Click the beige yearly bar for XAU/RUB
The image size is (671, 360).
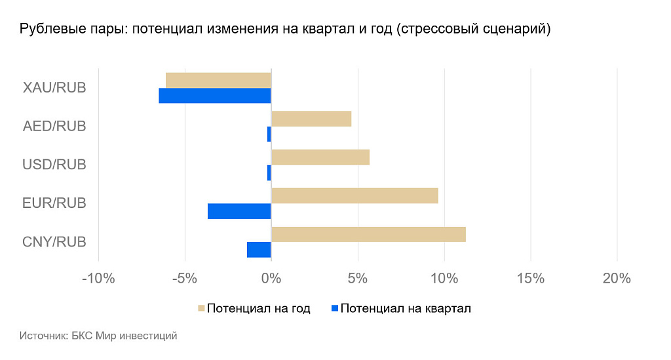(218, 80)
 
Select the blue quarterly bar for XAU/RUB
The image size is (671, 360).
(215, 96)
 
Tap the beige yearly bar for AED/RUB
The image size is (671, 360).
(311, 119)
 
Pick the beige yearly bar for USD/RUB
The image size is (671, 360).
(320, 157)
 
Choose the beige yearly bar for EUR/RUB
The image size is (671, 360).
(355, 195)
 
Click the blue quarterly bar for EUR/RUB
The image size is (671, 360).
(239, 211)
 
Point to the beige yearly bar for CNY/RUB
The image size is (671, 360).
(368, 234)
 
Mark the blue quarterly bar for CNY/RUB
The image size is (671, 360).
(259, 250)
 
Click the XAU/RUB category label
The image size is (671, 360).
(54, 88)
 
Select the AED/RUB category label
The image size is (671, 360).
(54, 127)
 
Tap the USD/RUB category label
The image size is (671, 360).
(54, 165)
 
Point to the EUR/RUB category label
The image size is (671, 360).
(54, 203)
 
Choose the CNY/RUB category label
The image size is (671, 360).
(54, 242)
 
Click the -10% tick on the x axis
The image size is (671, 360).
(98, 279)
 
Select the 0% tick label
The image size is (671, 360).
(271, 279)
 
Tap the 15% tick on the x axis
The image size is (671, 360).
(531, 279)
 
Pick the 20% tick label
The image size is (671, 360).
(617, 279)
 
